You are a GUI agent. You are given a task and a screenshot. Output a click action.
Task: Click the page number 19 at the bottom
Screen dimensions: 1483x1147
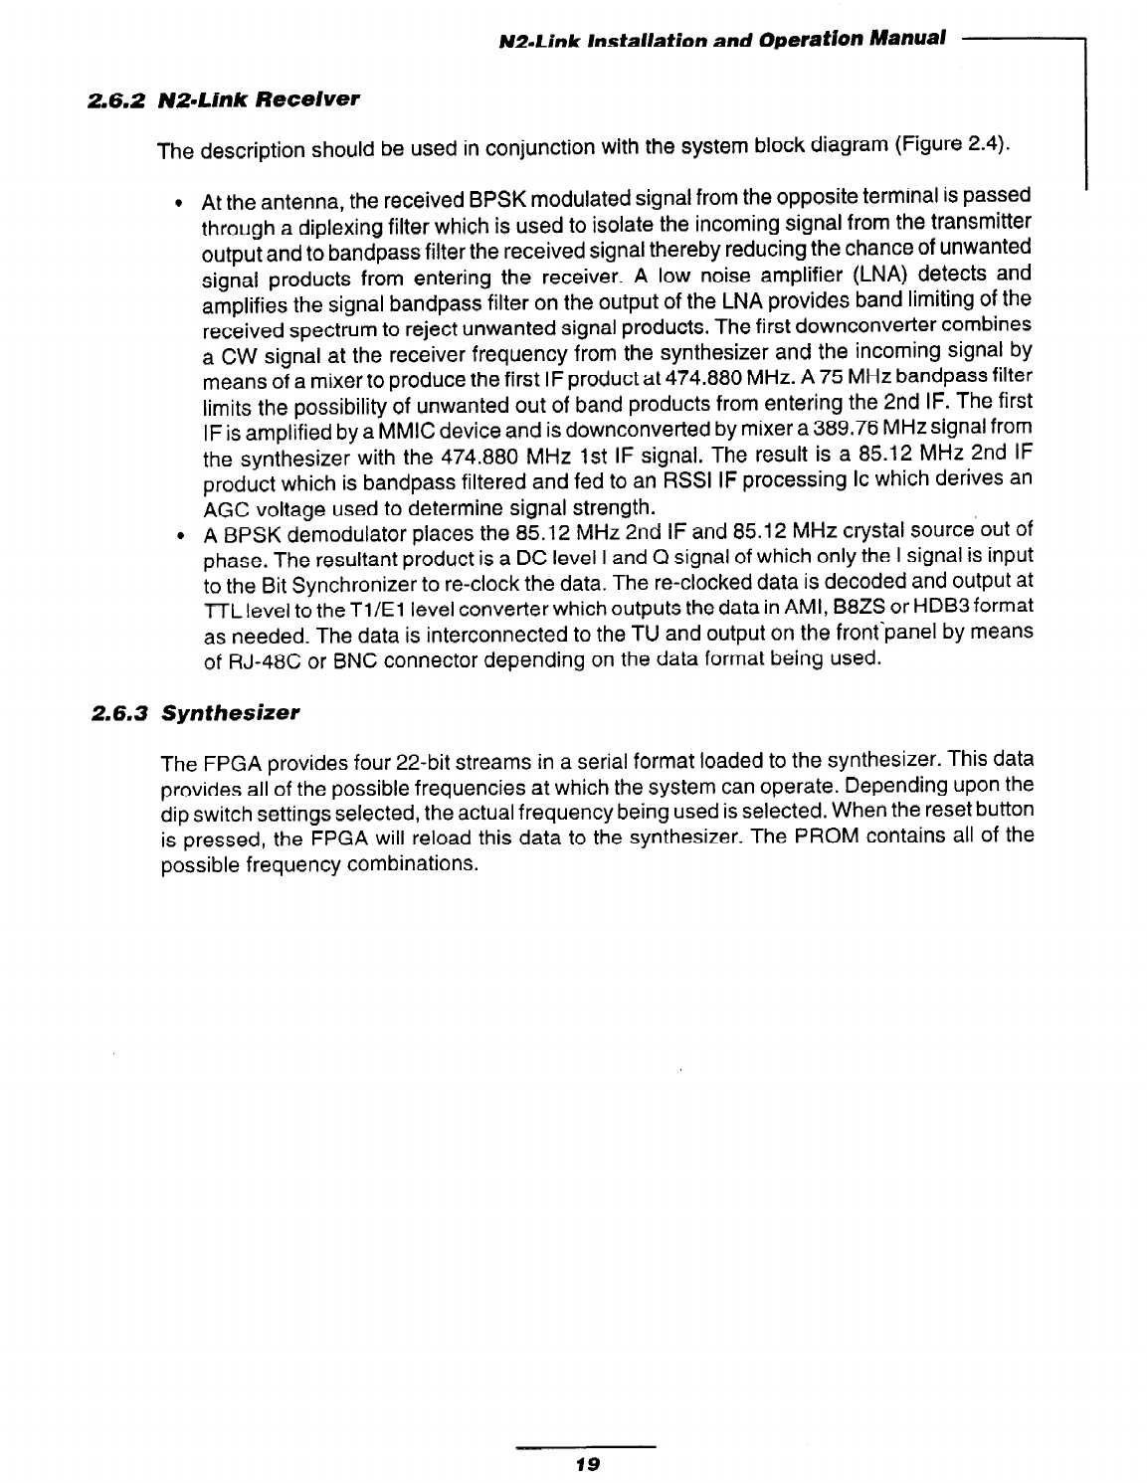(x=586, y=1463)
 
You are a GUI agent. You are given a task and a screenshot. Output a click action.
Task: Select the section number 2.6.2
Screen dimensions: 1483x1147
(x=116, y=100)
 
